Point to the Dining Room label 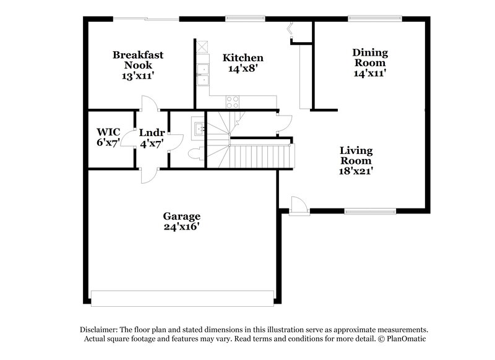369,58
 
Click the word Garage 181,216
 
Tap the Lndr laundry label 151,132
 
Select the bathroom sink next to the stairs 198,128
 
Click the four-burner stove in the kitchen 233,101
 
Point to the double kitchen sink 202,74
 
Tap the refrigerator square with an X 202,47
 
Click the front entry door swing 298,205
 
